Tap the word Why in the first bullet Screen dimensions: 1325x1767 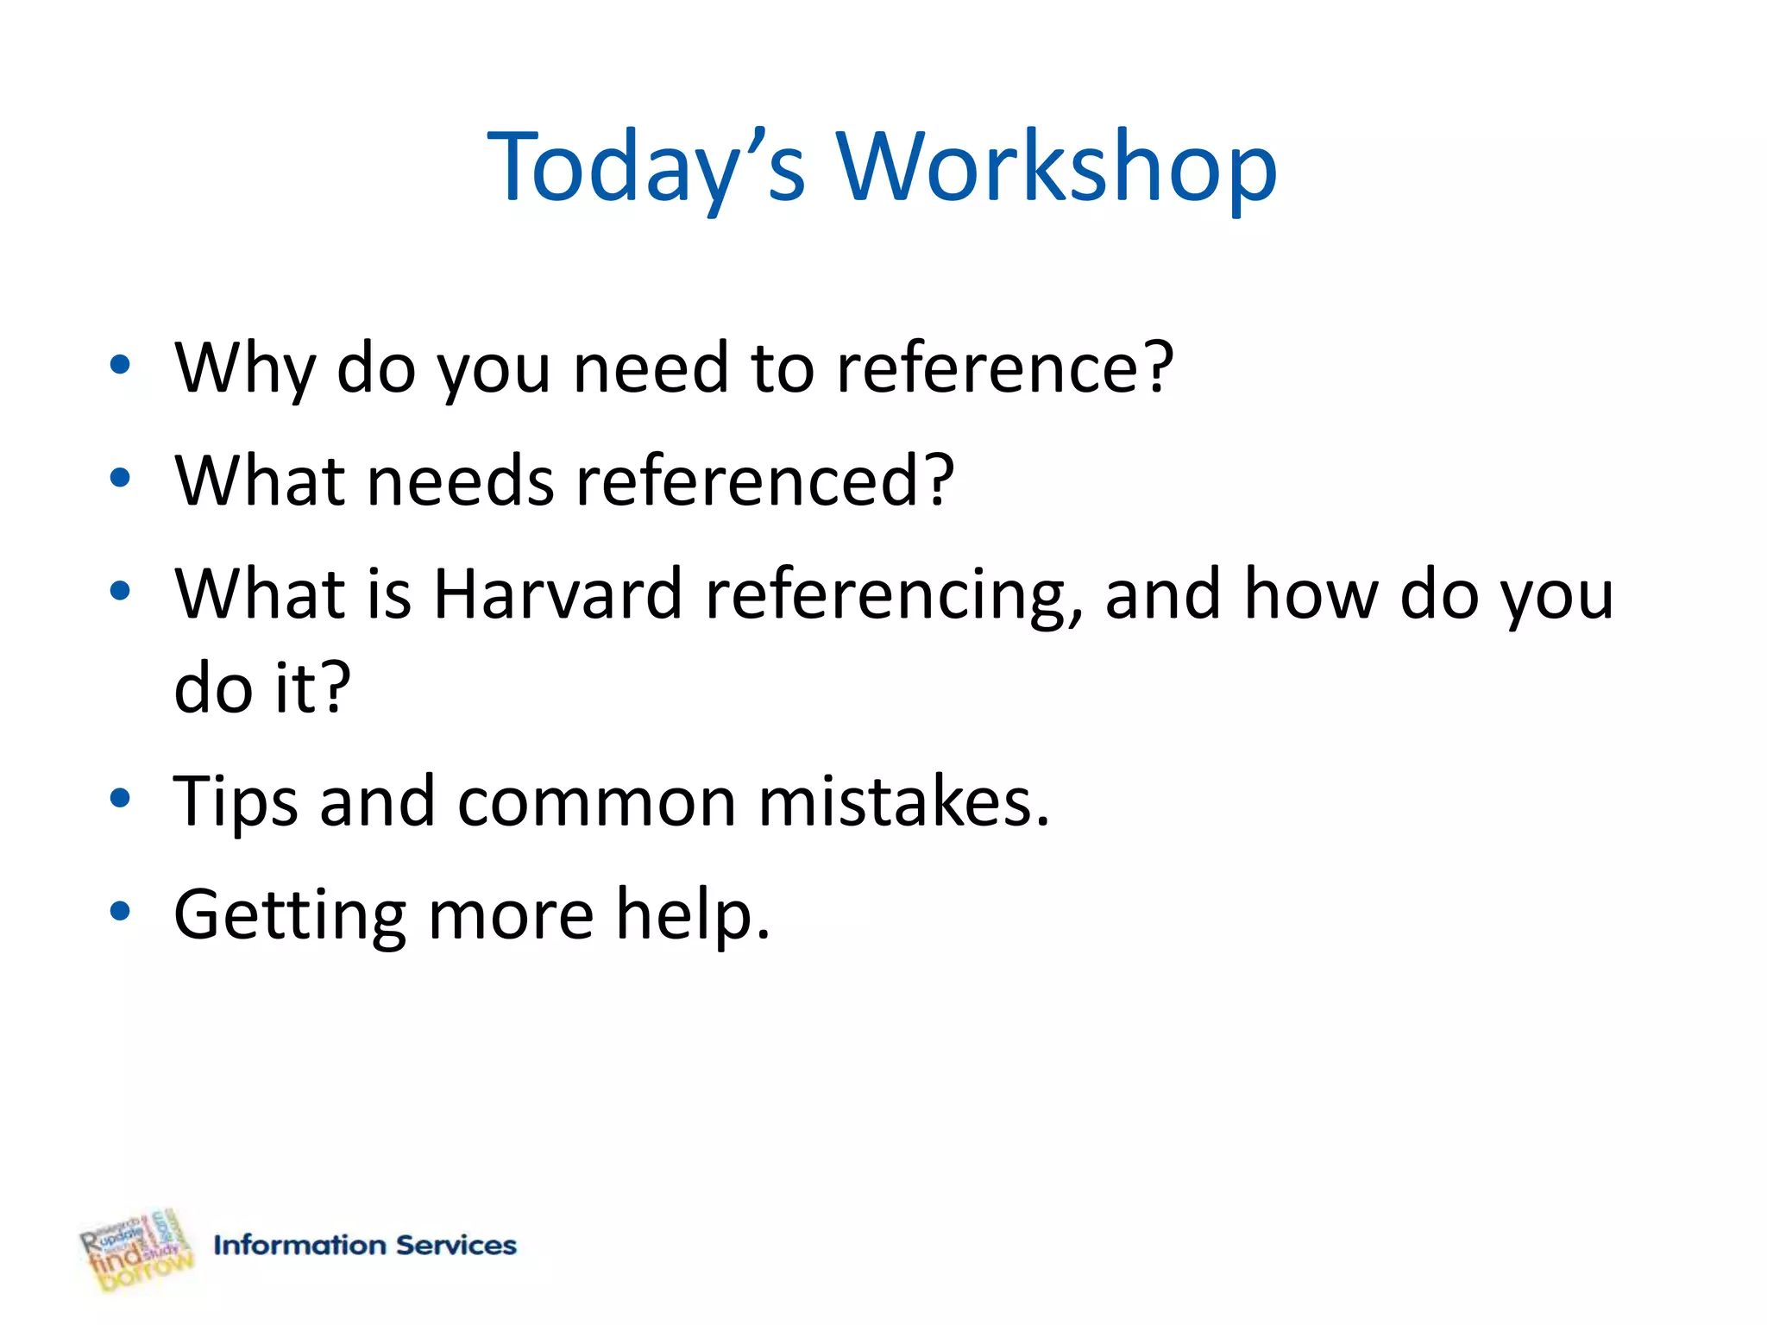[245, 368]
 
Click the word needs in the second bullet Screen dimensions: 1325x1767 [461, 480]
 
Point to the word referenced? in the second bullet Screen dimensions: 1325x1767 [765, 480]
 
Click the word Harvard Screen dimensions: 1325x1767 [557, 594]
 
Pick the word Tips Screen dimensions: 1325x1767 [236, 802]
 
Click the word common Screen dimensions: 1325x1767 [596, 802]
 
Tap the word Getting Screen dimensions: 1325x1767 [290, 916]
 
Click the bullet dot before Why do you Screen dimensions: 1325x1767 [120, 364]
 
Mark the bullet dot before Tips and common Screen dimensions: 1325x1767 [120, 797]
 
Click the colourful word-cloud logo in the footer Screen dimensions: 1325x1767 [136, 1249]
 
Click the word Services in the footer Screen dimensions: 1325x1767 [456, 1245]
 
